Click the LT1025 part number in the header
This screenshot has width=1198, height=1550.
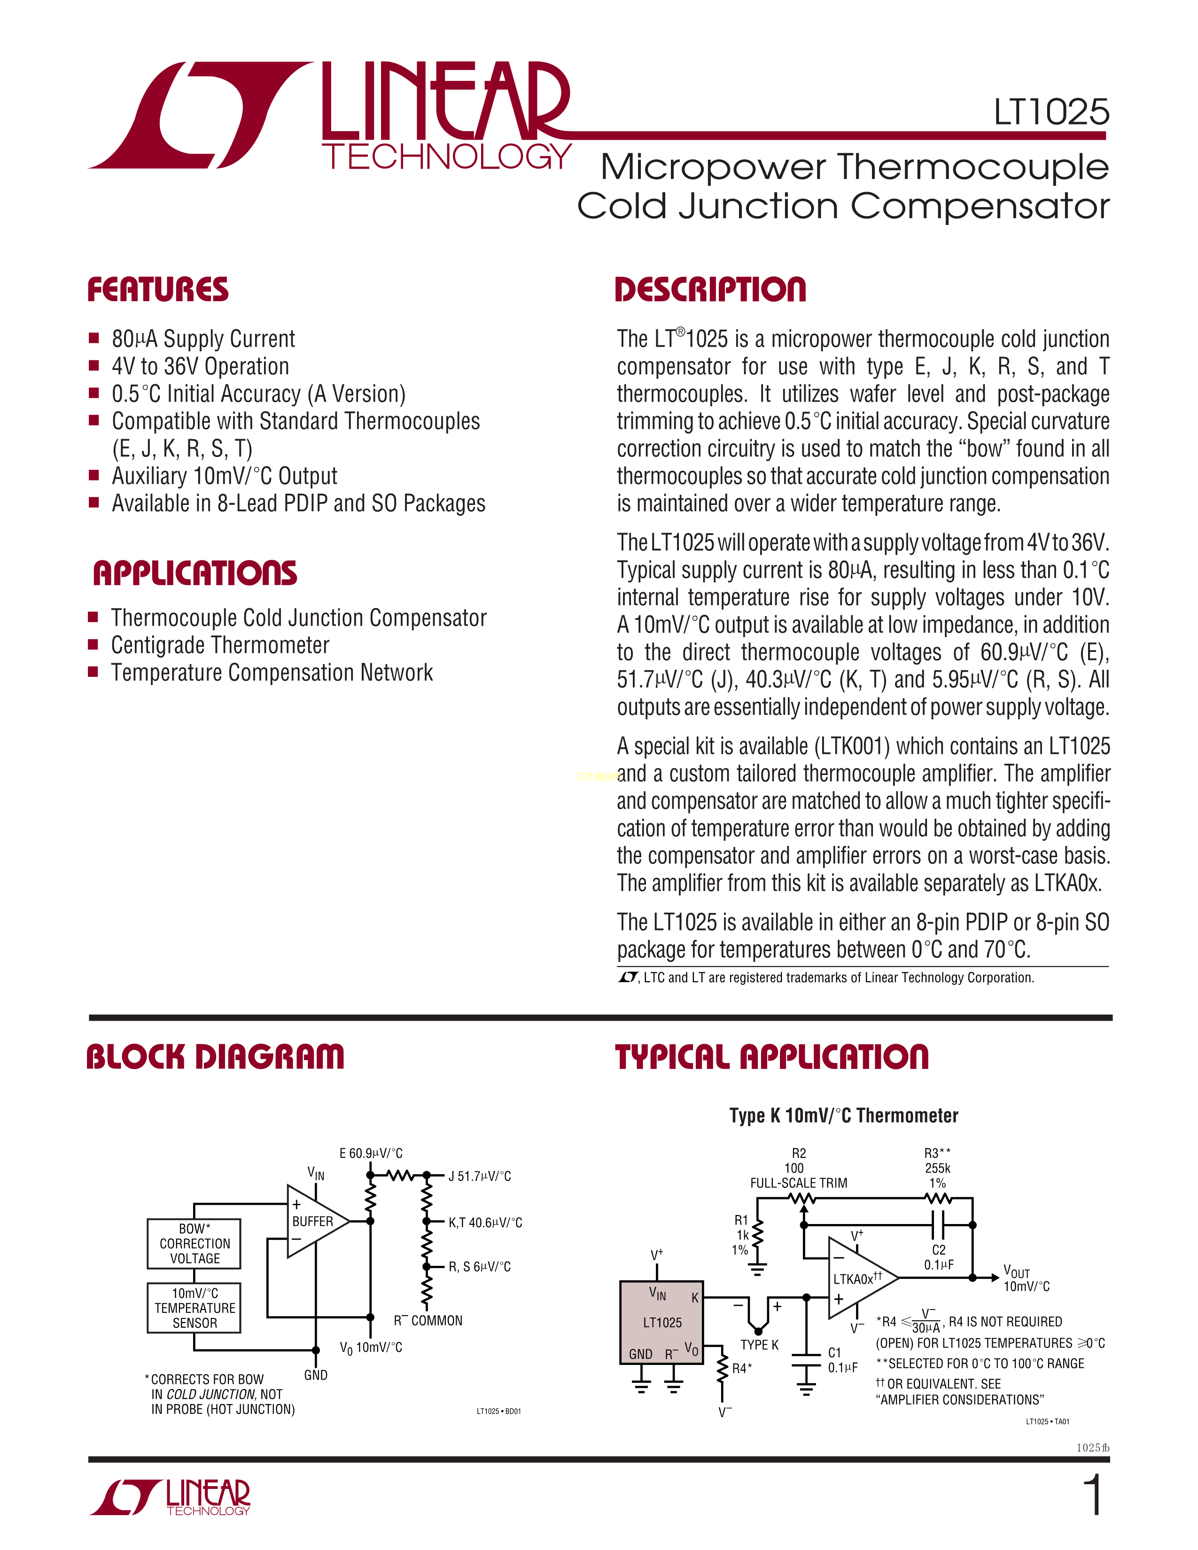pos(1050,112)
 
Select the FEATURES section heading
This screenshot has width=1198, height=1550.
pos(157,290)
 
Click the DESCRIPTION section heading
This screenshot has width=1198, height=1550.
pos(710,290)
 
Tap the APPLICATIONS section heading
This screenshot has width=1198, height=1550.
pos(194,573)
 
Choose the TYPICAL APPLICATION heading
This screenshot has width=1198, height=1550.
pos(771,1057)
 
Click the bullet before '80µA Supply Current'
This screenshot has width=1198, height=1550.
pos(93,339)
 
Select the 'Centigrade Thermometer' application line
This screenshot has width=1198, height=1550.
pos(220,645)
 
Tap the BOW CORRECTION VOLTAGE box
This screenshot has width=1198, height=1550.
pos(194,1243)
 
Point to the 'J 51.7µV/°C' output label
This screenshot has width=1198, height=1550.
pos(479,1177)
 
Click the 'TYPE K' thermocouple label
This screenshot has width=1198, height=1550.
pos(759,1345)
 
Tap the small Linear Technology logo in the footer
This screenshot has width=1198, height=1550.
pos(171,1497)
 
